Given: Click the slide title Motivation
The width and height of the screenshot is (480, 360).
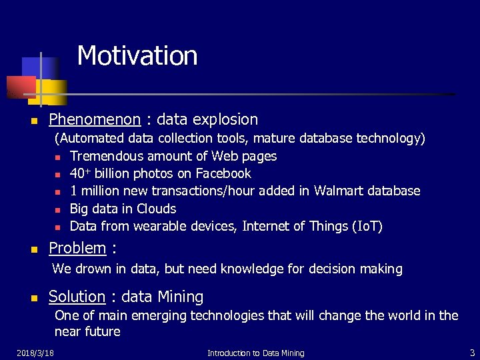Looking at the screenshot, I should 137,55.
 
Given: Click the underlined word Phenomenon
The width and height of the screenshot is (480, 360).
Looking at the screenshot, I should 95,119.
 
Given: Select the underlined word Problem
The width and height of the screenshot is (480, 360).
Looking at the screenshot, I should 77,248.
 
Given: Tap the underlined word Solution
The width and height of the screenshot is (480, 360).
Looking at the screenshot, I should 77,297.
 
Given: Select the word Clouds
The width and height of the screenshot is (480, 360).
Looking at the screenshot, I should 156,209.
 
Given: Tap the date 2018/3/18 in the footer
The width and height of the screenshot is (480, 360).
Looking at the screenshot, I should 35,353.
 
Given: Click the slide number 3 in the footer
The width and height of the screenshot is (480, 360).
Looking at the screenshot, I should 472,352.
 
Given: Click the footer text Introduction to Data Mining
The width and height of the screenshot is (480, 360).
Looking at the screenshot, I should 255,353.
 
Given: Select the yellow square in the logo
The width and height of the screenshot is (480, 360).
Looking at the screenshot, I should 55,92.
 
